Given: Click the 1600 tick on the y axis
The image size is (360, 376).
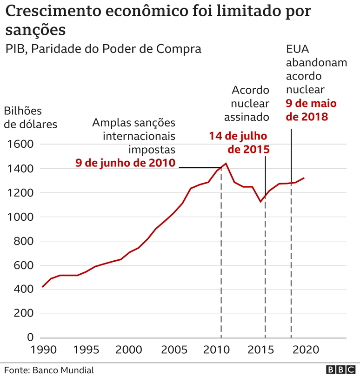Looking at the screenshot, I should tap(20, 144).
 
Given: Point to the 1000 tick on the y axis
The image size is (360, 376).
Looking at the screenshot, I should tap(20, 217).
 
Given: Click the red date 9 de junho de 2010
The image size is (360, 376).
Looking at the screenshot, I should tap(126, 163).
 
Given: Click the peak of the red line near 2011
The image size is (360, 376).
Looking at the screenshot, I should tap(226, 164).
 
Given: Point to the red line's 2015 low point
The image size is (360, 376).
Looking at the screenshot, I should tap(261, 202).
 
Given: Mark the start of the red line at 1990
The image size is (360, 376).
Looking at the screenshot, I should tap(42, 287).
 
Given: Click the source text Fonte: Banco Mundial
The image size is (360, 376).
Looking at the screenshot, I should tap(49, 370).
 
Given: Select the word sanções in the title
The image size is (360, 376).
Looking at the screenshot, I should tap(35, 30).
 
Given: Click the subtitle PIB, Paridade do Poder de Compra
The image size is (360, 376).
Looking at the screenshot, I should tap(103, 49).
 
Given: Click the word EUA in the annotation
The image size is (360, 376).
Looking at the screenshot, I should tap(298, 49).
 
